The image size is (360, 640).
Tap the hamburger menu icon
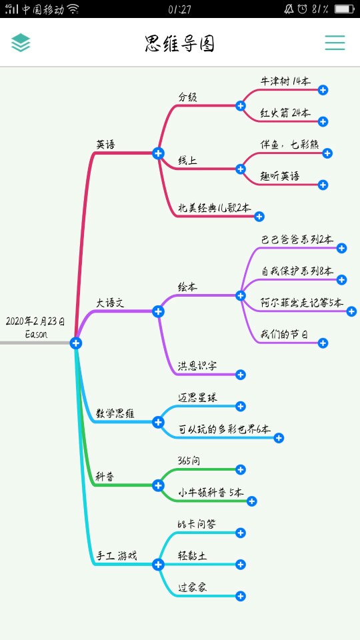[x=335, y=43]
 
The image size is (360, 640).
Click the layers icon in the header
[x=21, y=43]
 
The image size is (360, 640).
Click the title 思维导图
[x=180, y=43]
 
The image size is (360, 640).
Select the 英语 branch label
[x=106, y=145]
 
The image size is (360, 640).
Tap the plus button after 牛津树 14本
[x=323, y=90]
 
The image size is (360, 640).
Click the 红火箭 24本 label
[x=285, y=113]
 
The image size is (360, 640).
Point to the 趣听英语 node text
[x=279, y=176]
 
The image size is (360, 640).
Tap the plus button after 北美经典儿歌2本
[x=259, y=216]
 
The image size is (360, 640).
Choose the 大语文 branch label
[x=110, y=303]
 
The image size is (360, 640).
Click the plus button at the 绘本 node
[x=241, y=295]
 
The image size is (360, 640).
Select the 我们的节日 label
[x=285, y=335]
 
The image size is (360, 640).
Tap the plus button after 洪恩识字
[x=241, y=375]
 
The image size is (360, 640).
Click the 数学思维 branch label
[x=115, y=413]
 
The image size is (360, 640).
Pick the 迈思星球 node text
[x=197, y=397]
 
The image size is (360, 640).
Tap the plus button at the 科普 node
[x=159, y=485]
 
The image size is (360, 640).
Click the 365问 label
[x=189, y=461]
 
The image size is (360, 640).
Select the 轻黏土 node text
[x=193, y=556]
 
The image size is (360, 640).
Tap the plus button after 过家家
[x=241, y=596]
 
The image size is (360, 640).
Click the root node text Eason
[x=36, y=334]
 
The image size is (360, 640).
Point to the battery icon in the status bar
[x=345, y=9]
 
